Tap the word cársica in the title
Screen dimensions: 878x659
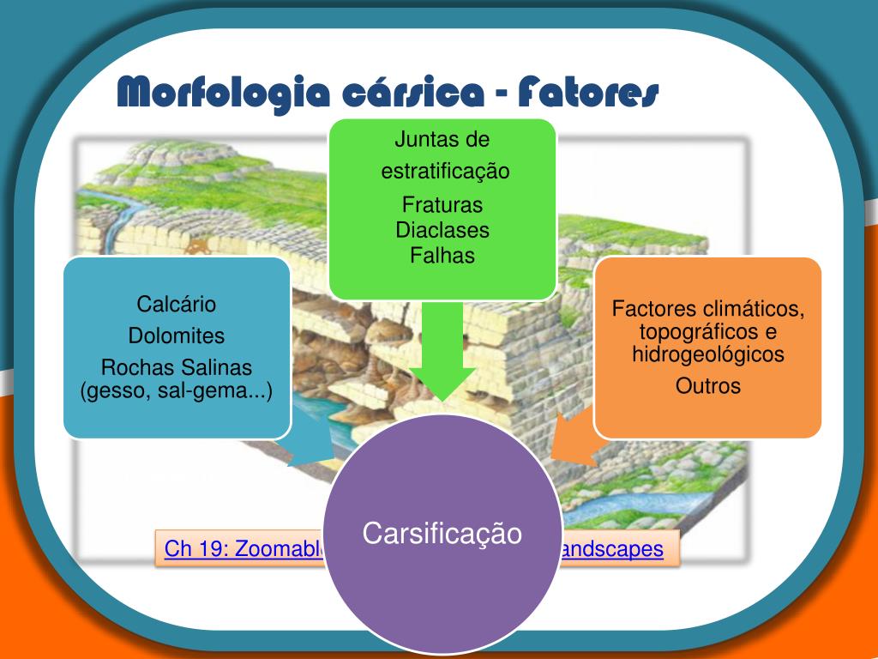[413, 92]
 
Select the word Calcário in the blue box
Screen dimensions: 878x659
[177, 304]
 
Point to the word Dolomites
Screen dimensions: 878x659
[177, 336]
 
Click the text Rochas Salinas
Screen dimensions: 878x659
[177, 368]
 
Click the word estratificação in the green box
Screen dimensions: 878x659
[445, 172]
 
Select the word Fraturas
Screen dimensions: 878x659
[442, 206]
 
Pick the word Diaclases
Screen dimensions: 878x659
[442, 230]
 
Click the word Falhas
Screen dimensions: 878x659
[442, 255]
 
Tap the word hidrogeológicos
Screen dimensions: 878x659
[708, 354]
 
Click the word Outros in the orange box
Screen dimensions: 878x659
[708, 386]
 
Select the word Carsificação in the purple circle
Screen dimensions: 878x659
[442, 533]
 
